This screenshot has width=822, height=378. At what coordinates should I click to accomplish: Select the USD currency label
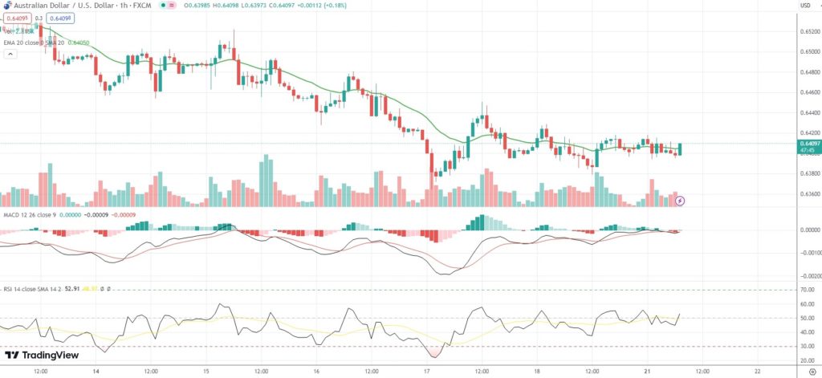point(805,6)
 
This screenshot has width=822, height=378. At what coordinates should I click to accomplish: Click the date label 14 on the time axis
point(96,372)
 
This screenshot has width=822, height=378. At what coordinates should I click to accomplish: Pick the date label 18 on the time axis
point(537,372)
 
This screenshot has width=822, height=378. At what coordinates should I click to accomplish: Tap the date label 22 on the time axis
point(758,372)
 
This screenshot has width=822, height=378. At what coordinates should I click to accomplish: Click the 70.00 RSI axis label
point(807,289)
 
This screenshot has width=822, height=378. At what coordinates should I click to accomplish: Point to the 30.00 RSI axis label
point(807,347)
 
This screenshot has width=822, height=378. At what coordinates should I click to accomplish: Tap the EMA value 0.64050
point(79,42)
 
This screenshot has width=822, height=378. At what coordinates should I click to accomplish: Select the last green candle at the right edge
point(680,149)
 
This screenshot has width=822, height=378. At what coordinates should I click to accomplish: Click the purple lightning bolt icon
point(680,199)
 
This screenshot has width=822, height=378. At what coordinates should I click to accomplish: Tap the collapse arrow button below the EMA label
point(10,55)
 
